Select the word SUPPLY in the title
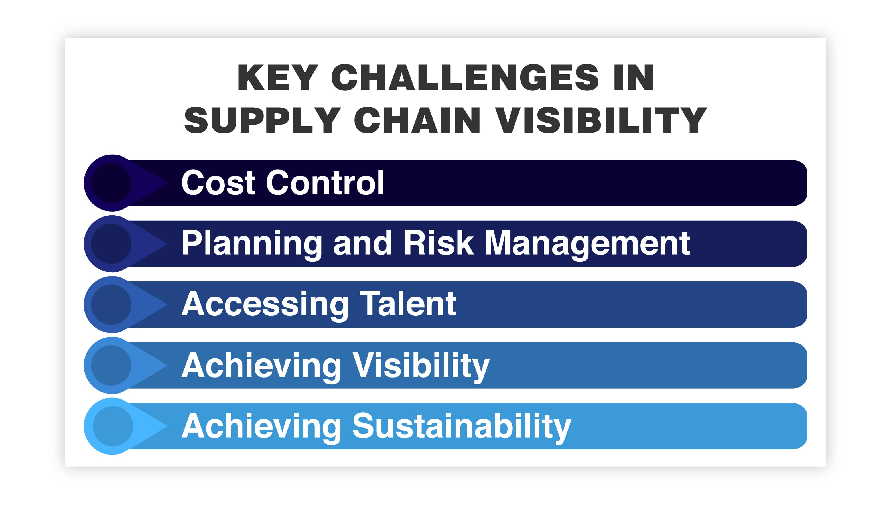click(262, 120)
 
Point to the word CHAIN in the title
click(417, 120)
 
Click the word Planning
click(252, 244)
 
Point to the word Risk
click(438, 244)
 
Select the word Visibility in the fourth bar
click(421, 366)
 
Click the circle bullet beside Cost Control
click(111, 183)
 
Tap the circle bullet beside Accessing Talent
click(111, 305)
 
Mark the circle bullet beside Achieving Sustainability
click(113, 426)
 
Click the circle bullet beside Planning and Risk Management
click(111, 244)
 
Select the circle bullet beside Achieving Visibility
click(111, 365)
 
